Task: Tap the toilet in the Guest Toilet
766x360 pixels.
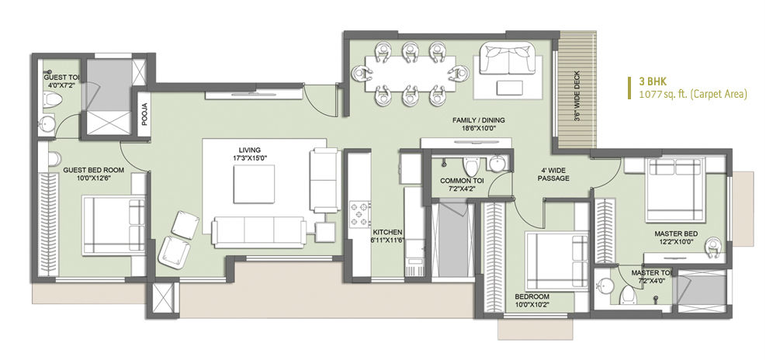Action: (x=54, y=100)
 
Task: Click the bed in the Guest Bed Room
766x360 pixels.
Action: (x=114, y=226)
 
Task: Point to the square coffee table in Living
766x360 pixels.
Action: (x=254, y=184)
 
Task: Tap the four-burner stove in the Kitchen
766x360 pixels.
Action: (x=359, y=214)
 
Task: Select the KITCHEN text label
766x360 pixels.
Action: (x=387, y=232)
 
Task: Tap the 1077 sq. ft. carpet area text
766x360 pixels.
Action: (x=693, y=95)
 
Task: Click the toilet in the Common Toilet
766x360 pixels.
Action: (x=471, y=166)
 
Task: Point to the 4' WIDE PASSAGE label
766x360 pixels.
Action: (x=553, y=175)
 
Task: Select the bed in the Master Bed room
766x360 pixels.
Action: (x=674, y=190)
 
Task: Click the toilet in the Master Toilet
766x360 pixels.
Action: (x=628, y=295)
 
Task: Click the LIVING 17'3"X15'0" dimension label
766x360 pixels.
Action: (x=250, y=154)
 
